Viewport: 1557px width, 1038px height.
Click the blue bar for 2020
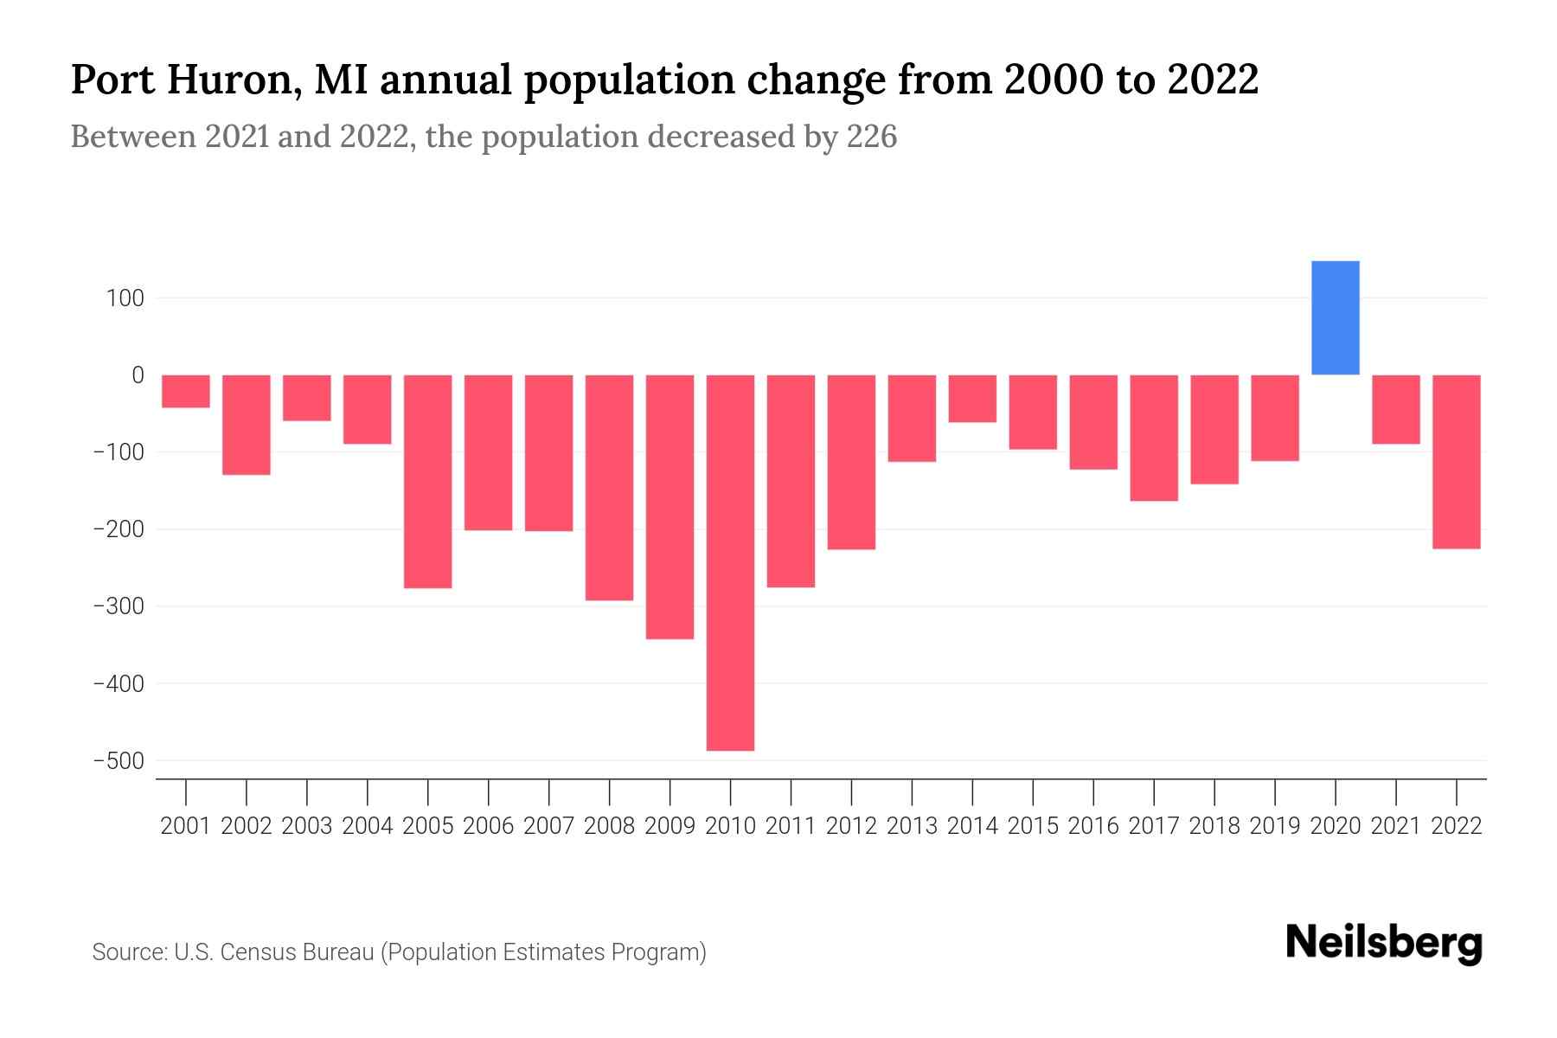[1335, 317]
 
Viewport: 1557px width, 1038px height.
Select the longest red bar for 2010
[730, 562]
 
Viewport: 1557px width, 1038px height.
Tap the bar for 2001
[186, 391]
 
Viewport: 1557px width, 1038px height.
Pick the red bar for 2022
[1456, 461]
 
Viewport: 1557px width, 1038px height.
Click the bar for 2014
[972, 398]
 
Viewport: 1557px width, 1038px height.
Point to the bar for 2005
[427, 481]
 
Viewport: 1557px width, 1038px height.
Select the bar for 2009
[670, 506]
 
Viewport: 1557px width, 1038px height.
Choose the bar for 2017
[1153, 438]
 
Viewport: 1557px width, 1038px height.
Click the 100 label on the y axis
[125, 298]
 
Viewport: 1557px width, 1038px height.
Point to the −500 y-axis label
[119, 761]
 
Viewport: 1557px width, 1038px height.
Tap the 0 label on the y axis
[138, 375]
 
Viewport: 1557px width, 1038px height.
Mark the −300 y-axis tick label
[119, 606]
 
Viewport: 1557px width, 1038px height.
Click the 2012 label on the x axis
[851, 826]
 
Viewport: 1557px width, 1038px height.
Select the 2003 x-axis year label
[307, 826]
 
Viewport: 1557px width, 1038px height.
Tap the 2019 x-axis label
[1274, 826]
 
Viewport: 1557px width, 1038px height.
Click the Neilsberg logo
[1384, 943]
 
